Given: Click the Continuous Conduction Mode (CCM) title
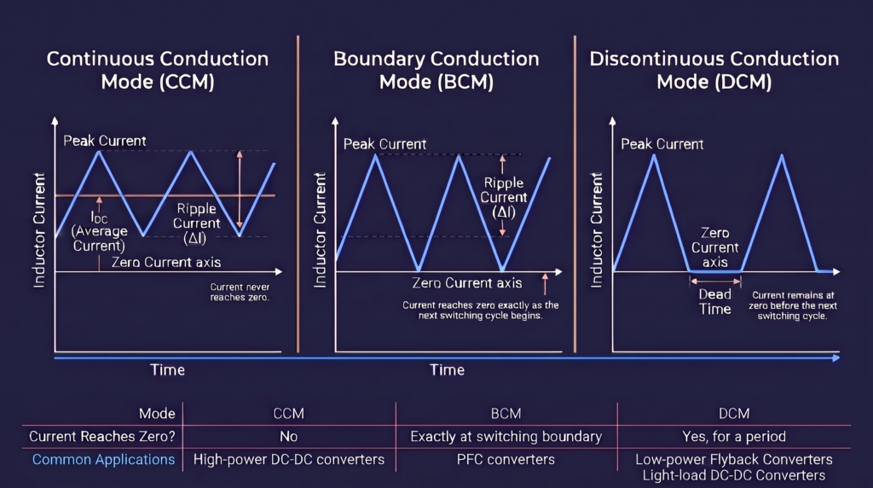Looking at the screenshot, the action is [158, 70].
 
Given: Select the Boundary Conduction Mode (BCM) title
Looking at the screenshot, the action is [436, 70].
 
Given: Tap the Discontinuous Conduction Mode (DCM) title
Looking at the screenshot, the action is [714, 70].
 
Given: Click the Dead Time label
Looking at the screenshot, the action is [715, 301].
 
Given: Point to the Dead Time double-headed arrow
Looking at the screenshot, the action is [715, 282].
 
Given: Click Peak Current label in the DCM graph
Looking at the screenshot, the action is [662, 144].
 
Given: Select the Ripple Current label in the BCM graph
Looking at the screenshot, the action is [503, 197].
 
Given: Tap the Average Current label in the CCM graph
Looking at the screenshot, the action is [99, 231].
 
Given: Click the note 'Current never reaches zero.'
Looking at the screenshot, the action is [240, 292].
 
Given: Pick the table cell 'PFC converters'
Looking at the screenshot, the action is [506, 460].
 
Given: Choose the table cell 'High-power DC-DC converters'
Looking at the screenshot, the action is [288, 460].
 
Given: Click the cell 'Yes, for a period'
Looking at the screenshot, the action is [734, 437].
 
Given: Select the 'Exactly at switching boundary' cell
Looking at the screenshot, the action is [506, 437].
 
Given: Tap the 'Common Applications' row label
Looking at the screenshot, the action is [103, 460].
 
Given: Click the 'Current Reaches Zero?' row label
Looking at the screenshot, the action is [102, 437].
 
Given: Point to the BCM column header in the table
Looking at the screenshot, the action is [506, 414].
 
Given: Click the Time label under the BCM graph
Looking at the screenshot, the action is [447, 370].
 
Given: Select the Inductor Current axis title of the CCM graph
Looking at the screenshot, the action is [38, 230].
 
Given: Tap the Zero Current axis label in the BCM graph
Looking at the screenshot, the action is [466, 283].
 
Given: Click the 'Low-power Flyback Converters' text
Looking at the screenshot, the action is [734, 460].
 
